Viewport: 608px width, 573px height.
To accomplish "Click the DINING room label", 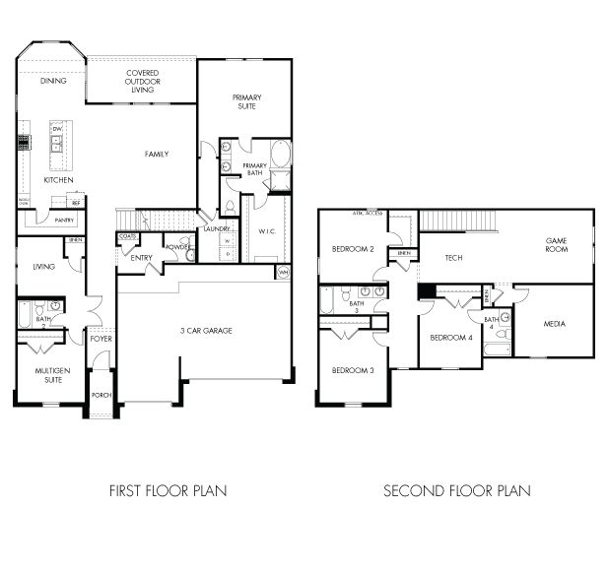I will (53, 81).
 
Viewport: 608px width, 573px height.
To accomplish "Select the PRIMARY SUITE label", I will (245, 101).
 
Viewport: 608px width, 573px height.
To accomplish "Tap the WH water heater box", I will (284, 272).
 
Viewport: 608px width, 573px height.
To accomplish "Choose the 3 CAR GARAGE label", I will (205, 331).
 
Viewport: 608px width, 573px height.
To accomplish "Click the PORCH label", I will (101, 395).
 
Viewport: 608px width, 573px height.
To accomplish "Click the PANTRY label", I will (64, 221).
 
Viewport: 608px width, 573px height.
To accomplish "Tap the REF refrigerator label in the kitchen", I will (75, 202).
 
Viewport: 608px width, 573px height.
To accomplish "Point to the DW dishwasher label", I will (57, 129).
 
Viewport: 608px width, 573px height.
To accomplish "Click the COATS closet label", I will (127, 237).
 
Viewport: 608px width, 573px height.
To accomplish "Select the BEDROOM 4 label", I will (450, 338).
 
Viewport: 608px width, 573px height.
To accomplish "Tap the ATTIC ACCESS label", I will (367, 213).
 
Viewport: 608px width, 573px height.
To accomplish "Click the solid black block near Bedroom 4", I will (426, 291).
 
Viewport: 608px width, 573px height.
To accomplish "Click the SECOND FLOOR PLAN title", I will (456, 490).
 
